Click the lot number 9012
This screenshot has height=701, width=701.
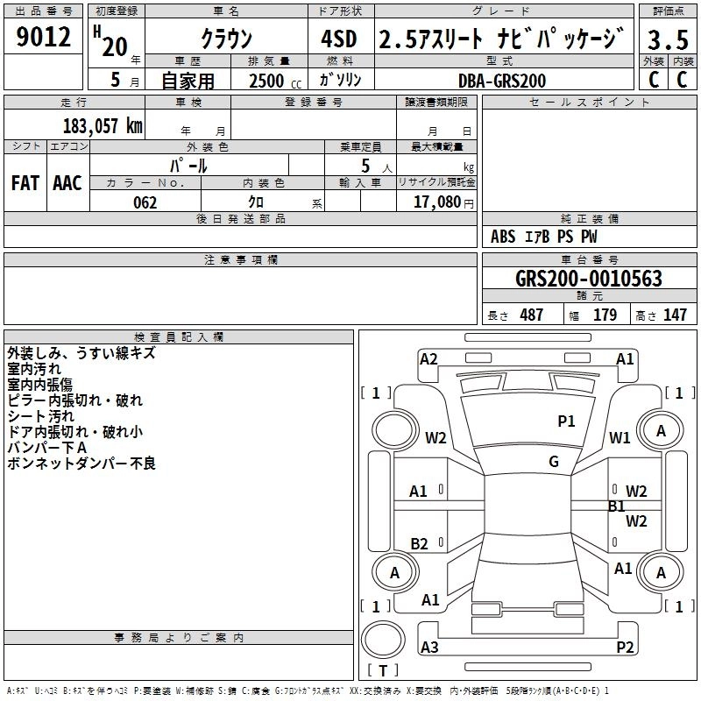44,39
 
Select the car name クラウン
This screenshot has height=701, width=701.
226,39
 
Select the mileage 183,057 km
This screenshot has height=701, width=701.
103,125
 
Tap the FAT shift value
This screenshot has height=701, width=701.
25,182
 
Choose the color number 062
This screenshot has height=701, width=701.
144,202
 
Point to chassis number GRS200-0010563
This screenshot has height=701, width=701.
589,280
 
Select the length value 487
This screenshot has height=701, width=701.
531,315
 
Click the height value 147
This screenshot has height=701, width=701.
675,315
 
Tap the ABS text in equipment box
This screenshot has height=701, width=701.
503,237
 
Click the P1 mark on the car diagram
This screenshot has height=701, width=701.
567,421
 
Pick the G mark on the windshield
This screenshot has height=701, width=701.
554,462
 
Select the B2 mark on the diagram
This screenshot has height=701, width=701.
419,544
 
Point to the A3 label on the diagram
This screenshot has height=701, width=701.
429,648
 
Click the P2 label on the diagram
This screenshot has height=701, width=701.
625,648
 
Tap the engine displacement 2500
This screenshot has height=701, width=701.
266,81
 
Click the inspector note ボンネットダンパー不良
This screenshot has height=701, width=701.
81,464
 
